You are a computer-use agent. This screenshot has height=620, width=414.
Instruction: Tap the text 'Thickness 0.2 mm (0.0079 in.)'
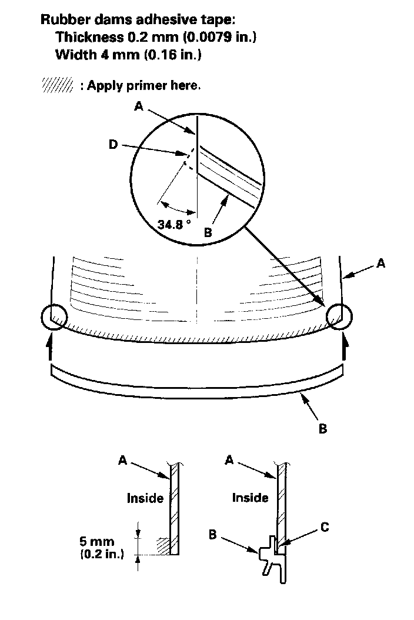156,38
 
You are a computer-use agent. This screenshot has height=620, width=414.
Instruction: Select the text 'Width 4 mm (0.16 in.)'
129,56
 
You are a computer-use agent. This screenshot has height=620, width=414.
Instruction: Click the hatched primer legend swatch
57,86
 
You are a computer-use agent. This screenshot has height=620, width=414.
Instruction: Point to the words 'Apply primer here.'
143,86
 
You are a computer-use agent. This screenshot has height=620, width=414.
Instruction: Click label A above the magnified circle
138,106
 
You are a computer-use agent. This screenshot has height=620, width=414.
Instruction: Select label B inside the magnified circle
207,233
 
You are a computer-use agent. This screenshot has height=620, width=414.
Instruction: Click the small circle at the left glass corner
52,318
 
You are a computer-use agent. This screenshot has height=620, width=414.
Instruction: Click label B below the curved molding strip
322,429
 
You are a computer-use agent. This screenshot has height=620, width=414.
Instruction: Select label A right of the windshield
381,264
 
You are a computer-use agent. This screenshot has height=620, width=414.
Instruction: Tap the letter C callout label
324,528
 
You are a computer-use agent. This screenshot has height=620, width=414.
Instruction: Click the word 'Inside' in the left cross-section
145,498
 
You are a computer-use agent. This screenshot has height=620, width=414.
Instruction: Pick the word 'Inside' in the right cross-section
250,498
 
